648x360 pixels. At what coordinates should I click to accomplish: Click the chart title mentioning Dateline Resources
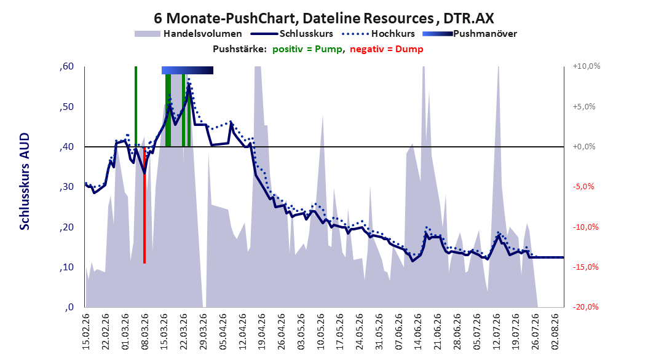pos(323,18)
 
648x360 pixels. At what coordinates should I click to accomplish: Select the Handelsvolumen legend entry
pos(188,34)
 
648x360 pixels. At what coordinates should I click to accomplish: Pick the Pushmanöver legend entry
pos(470,34)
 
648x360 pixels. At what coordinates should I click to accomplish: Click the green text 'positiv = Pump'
pos(307,49)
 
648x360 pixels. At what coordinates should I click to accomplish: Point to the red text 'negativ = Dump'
pos(387,49)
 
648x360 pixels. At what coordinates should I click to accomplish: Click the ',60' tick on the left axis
pos(66,66)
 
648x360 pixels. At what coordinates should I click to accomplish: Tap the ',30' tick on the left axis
pos(66,187)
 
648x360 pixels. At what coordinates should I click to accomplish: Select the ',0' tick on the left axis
pos(69,307)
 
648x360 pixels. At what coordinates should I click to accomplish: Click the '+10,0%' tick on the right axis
pos(587,66)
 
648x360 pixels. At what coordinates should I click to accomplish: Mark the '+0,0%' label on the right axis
pos(584,147)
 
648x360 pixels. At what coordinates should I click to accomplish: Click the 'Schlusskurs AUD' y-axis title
pos(25,181)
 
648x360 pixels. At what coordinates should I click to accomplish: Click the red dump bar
pos(144,205)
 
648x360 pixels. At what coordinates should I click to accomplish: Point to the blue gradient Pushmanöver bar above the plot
pos(188,70)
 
